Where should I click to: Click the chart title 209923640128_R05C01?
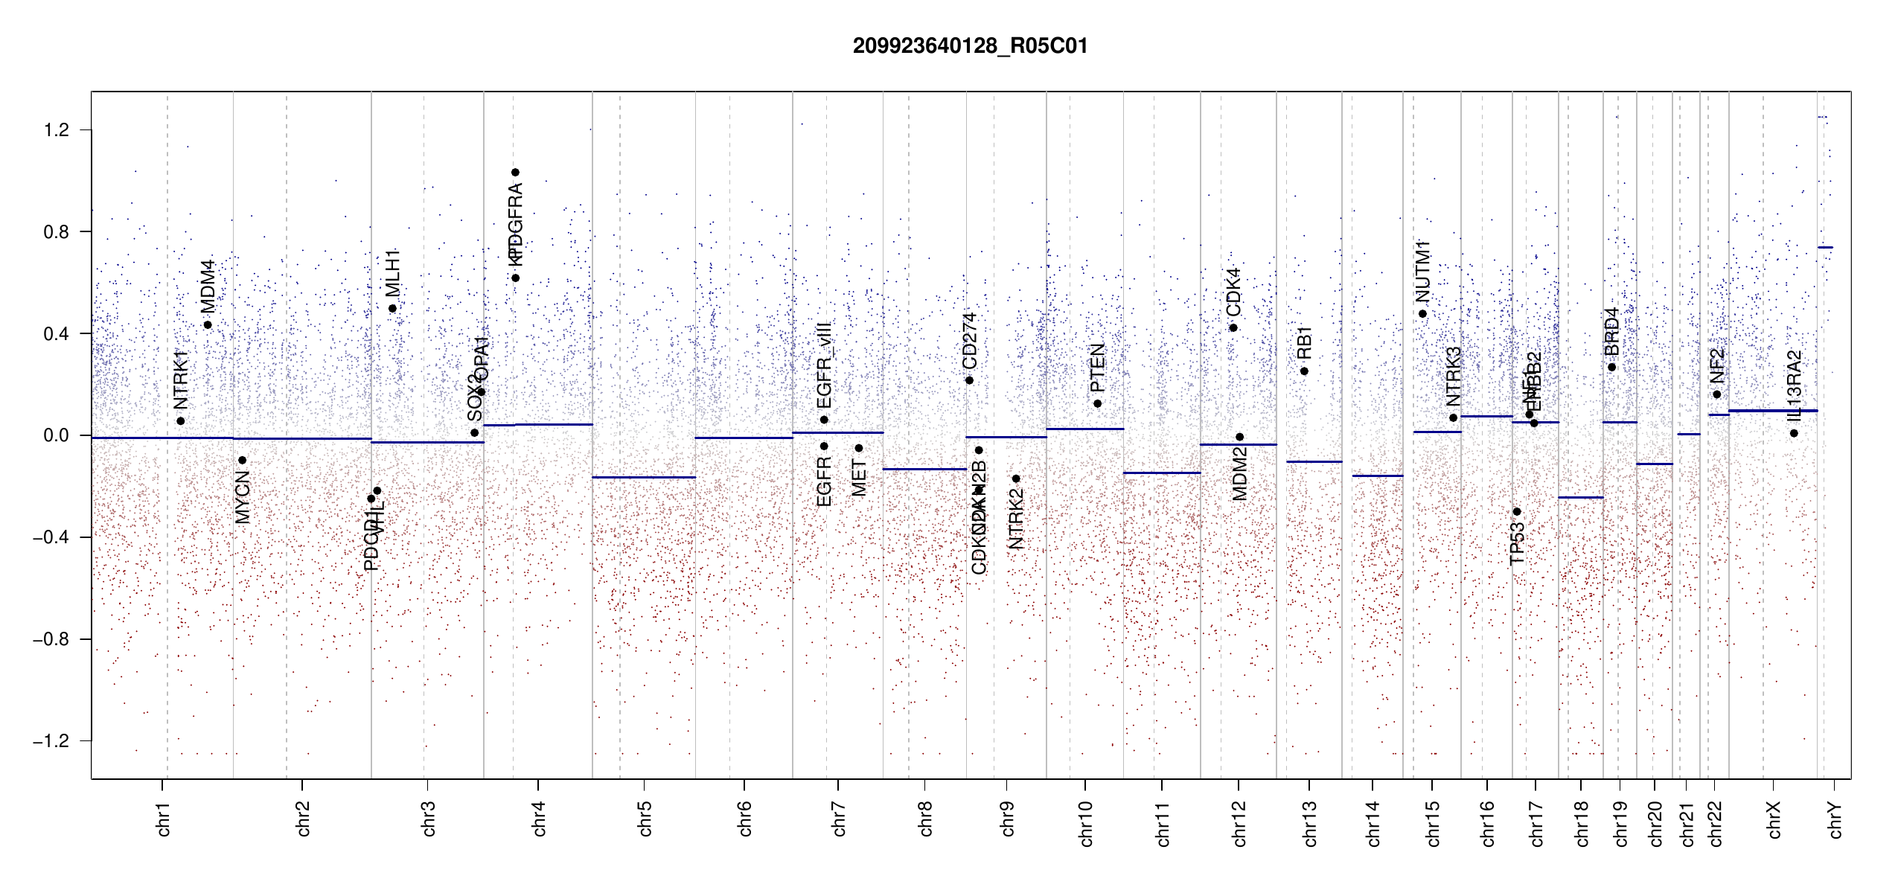[x=970, y=46]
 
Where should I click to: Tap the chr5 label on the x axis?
[x=645, y=819]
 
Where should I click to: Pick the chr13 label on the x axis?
[x=1310, y=823]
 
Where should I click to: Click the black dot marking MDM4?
[x=208, y=324]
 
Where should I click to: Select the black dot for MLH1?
[x=392, y=308]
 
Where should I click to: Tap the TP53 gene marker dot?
[x=1517, y=512]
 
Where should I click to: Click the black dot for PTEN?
[x=1097, y=403]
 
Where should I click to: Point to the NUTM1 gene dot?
[x=1422, y=313]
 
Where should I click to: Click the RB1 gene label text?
[x=1304, y=342]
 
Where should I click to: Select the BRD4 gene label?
[x=1611, y=332]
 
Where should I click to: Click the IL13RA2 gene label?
[x=1794, y=386]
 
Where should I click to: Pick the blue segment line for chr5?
[x=644, y=477]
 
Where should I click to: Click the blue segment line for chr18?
[x=1581, y=497]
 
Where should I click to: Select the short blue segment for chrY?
[x=1825, y=247]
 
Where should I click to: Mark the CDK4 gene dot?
[x=1233, y=327]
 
